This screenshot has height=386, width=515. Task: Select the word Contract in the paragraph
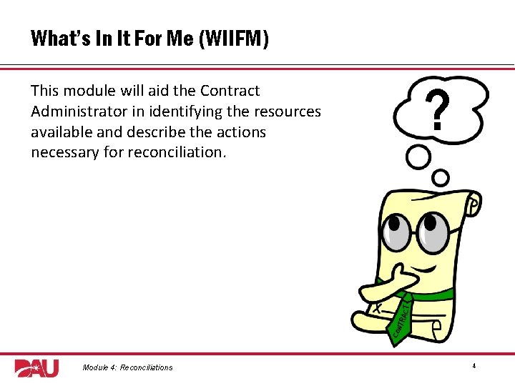click(230, 91)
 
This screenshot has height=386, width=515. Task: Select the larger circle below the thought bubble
click(418, 157)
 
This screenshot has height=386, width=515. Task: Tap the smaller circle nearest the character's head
click(441, 177)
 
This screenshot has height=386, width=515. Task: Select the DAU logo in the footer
click(36, 367)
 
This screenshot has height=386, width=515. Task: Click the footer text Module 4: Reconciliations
click(127, 367)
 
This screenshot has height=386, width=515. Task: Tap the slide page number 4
click(474, 366)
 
